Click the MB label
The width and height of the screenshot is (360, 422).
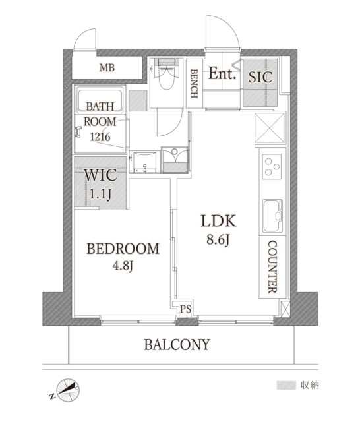tap(105, 67)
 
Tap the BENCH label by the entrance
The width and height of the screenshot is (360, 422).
tap(195, 84)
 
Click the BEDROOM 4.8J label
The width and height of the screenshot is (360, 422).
tap(123, 256)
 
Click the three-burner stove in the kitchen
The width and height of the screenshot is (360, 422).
tap(271, 165)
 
